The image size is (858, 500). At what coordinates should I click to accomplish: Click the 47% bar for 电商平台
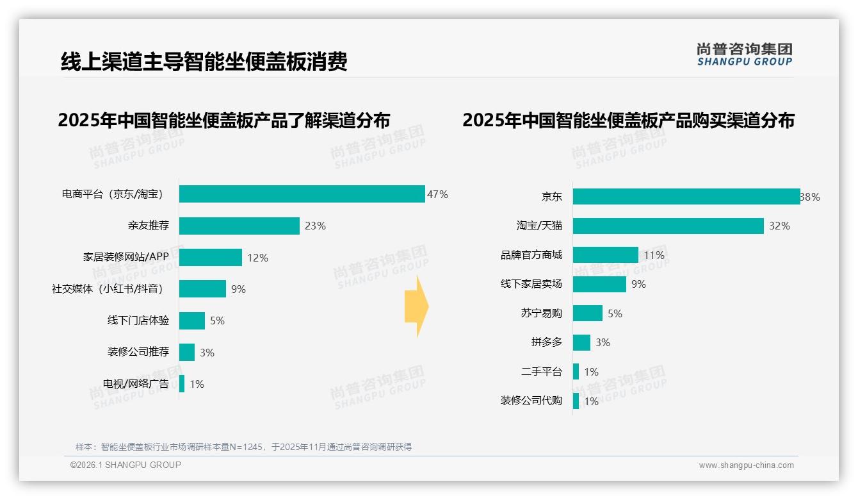point(302,194)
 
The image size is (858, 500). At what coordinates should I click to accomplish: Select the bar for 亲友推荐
point(239,226)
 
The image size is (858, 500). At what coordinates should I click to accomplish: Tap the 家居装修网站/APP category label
point(125,258)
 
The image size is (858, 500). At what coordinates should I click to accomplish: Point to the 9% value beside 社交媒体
point(238,289)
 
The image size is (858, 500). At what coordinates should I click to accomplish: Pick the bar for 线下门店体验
point(191,321)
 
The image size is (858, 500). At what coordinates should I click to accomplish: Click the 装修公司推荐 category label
point(138,352)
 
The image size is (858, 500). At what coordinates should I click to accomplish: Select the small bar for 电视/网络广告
point(182,384)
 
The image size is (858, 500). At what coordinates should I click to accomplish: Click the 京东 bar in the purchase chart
point(686,197)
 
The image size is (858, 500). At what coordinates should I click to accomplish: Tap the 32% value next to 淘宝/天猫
point(780,226)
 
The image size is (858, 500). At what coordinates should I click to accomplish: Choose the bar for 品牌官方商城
point(605,255)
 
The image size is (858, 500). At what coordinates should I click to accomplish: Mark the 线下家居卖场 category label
point(531,284)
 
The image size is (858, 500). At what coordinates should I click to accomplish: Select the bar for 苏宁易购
point(587,313)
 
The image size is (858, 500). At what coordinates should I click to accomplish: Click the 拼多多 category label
point(546,342)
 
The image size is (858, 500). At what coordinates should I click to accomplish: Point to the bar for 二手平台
point(576,372)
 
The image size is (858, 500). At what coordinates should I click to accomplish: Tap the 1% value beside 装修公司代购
point(591,401)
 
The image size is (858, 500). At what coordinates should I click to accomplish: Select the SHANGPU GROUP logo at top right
point(744,54)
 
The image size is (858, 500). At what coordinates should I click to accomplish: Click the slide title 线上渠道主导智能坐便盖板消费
point(204,62)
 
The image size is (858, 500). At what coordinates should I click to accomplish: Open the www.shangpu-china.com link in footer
point(746,465)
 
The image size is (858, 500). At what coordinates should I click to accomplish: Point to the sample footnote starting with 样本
point(243,447)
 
